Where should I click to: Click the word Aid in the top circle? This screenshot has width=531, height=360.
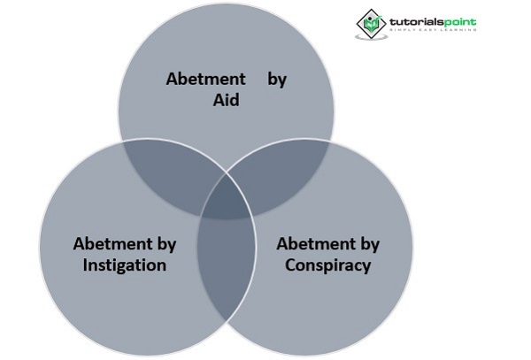point(227,99)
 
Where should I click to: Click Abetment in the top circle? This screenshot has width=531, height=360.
point(205,78)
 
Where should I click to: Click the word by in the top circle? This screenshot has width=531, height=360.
point(277,78)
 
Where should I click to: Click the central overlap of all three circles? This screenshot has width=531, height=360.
point(226,200)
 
